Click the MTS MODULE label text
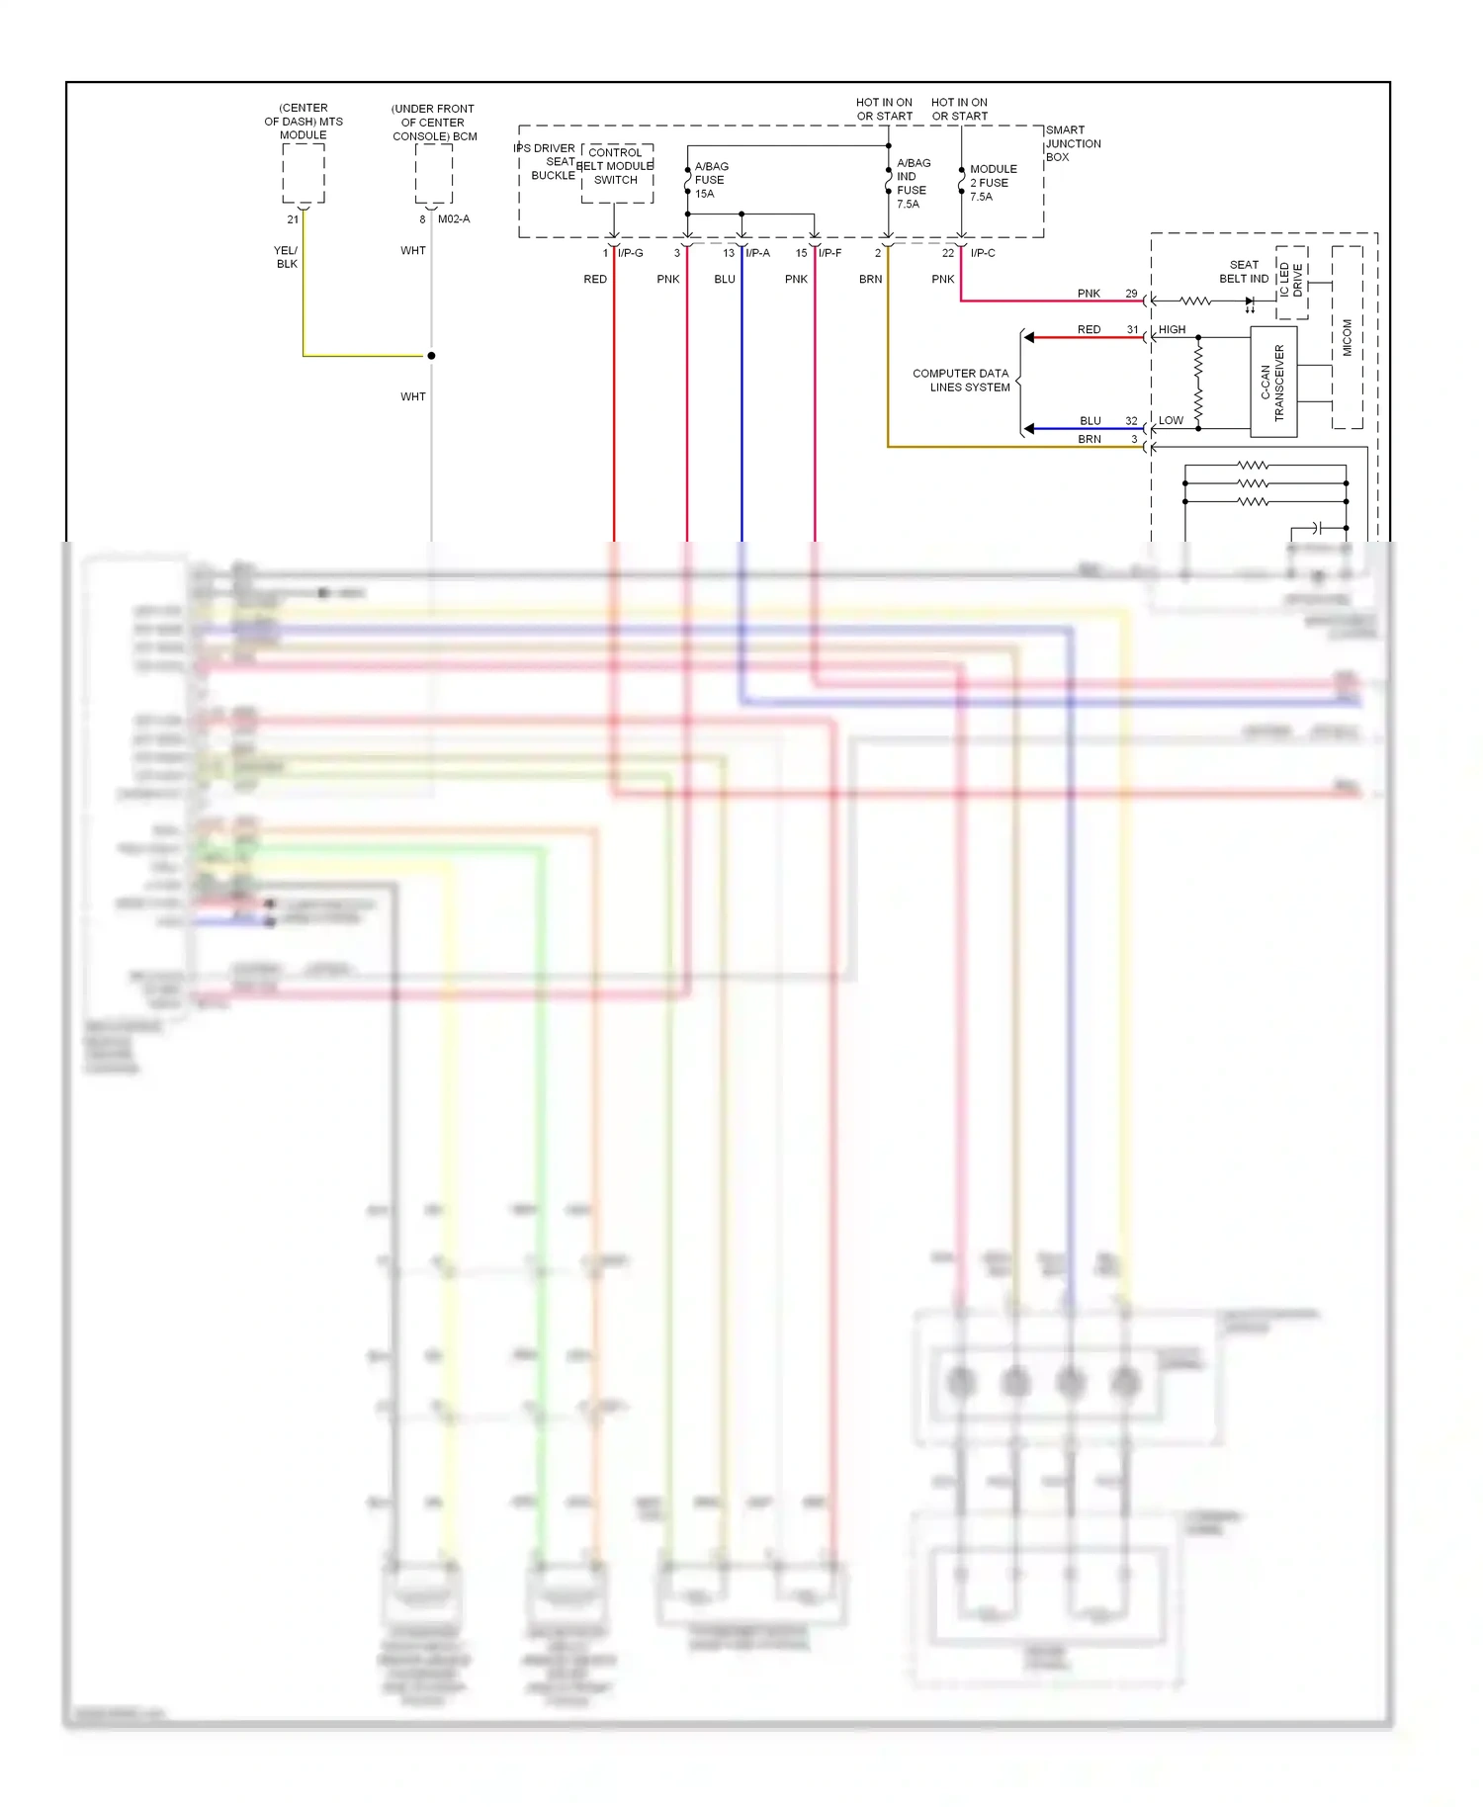pyautogui.click(x=304, y=122)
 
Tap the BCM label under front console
pyautogui.click(x=434, y=123)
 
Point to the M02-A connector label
pyautogui.click(x=454, y=219)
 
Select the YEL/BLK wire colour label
pyautogui.click(x=286, y=257)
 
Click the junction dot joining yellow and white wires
pyautogui.click(x=431, y=356)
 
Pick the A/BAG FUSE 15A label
pyautogui.click(x=711, y=180)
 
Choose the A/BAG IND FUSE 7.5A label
pyautogui.click(x=913, y=184)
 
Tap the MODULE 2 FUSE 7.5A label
pyautogui.click(x=993, y=183)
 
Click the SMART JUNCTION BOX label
pyautogui.click(x=1073, y=143)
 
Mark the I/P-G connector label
pyautogui.click(x=631, y=253)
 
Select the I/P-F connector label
pyautogui.click(x=829, y=253)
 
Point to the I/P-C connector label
pyautogui.click(x=983, y=253)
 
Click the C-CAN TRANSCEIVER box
pyautogui.click(x=1273, y=383)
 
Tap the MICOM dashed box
pyautogui.click(x=1347, y=337)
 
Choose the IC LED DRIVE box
pyautogui.click(x=1291, y=282)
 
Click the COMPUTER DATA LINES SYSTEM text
pyautogui.click(x=961, y=381)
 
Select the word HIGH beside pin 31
pyautogui.click(x=1172, y=330)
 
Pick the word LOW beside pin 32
pyautogui.click(x=1171, y=421)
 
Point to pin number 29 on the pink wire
pyautogui.click(x=1131, y=294)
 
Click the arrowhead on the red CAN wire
pyautogui.click(x=1029, y=338)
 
